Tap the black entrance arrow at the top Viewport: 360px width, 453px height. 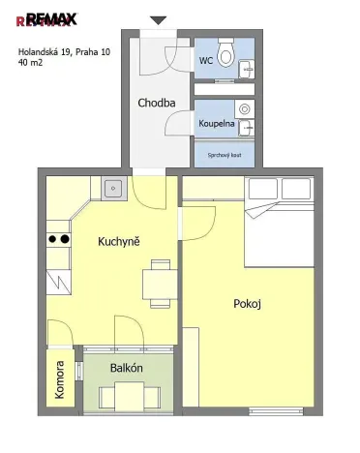[x=158, y=20]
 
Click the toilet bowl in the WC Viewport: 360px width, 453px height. [x=226, y=54]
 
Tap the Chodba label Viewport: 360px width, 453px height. [x=156, y=103]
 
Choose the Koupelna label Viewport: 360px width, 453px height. [x=216, y=125]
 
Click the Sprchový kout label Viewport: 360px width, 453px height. [x=224, y=154]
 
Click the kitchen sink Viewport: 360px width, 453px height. [x=113, y=188]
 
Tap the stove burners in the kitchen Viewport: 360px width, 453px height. [x=58, y=238]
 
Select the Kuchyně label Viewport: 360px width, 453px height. [x=119, y=241]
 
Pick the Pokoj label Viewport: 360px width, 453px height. [x=248, y=304]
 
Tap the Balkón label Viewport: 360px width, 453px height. [x=128, y=368]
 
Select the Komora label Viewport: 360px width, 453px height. [x=60, y=375]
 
